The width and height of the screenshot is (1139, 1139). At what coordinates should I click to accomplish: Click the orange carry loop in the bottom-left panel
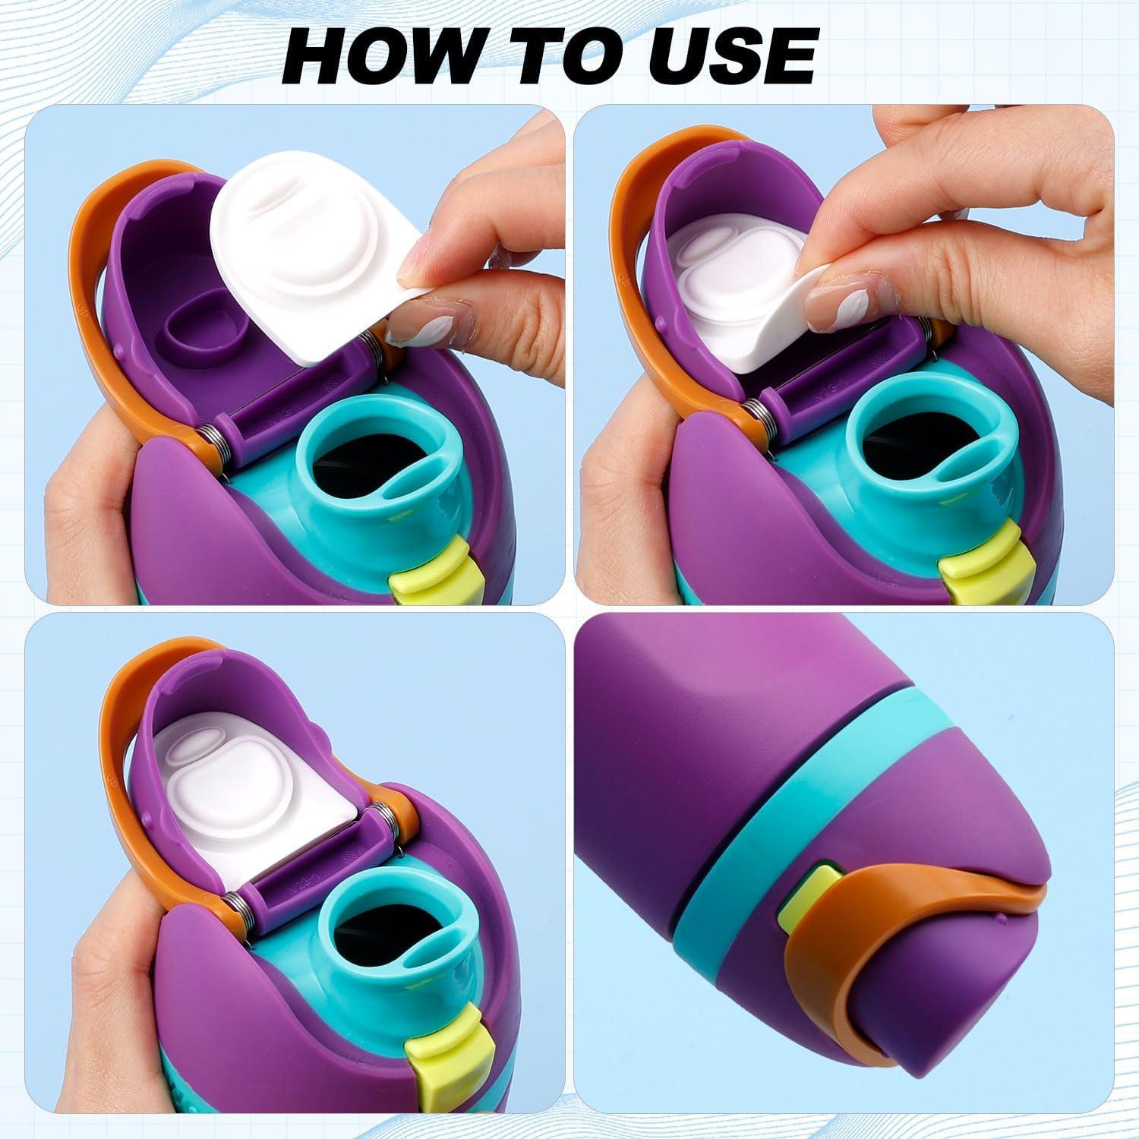129,759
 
